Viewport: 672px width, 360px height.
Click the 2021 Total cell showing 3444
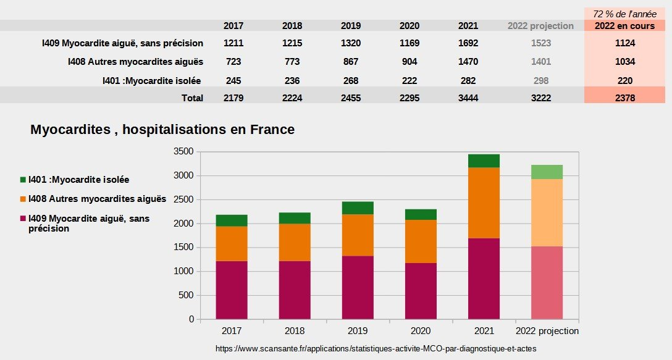pyautogui.click(x=468, y=98)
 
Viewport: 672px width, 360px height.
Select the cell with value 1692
pyautogui.click(x=468, y=43)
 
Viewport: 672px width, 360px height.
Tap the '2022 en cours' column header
pyautogui.click(x=624, y=26)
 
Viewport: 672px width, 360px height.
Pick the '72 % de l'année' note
pyautogui.click(x=624, y=14)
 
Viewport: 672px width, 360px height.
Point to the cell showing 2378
pyautogui.click(x=624, y=98)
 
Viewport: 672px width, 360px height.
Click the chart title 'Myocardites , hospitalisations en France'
pyautogui.click(x=162, y=130)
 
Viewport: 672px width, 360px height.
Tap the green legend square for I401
pyautogui.click(x=23, y=180)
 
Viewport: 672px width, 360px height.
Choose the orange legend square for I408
pyautogui.click(x=23, y=199)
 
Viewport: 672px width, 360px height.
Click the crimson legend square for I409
pyautogui.click(x=23, y=219)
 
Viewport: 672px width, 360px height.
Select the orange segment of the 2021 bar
pyautogui.click(x=484, y=203)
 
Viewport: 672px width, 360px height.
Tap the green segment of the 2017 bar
pyautogui.click(x=232, y=220)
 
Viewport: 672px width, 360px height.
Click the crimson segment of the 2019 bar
pyautogui.click(x=358, y=287)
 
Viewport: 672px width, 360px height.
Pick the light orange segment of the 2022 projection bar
pyautogui.click(x=547, y=212)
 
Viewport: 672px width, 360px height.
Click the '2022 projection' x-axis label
pyautogui.click(x=547, y=331)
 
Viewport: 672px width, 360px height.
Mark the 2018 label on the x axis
pyautogui.click(x=295, y=331)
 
